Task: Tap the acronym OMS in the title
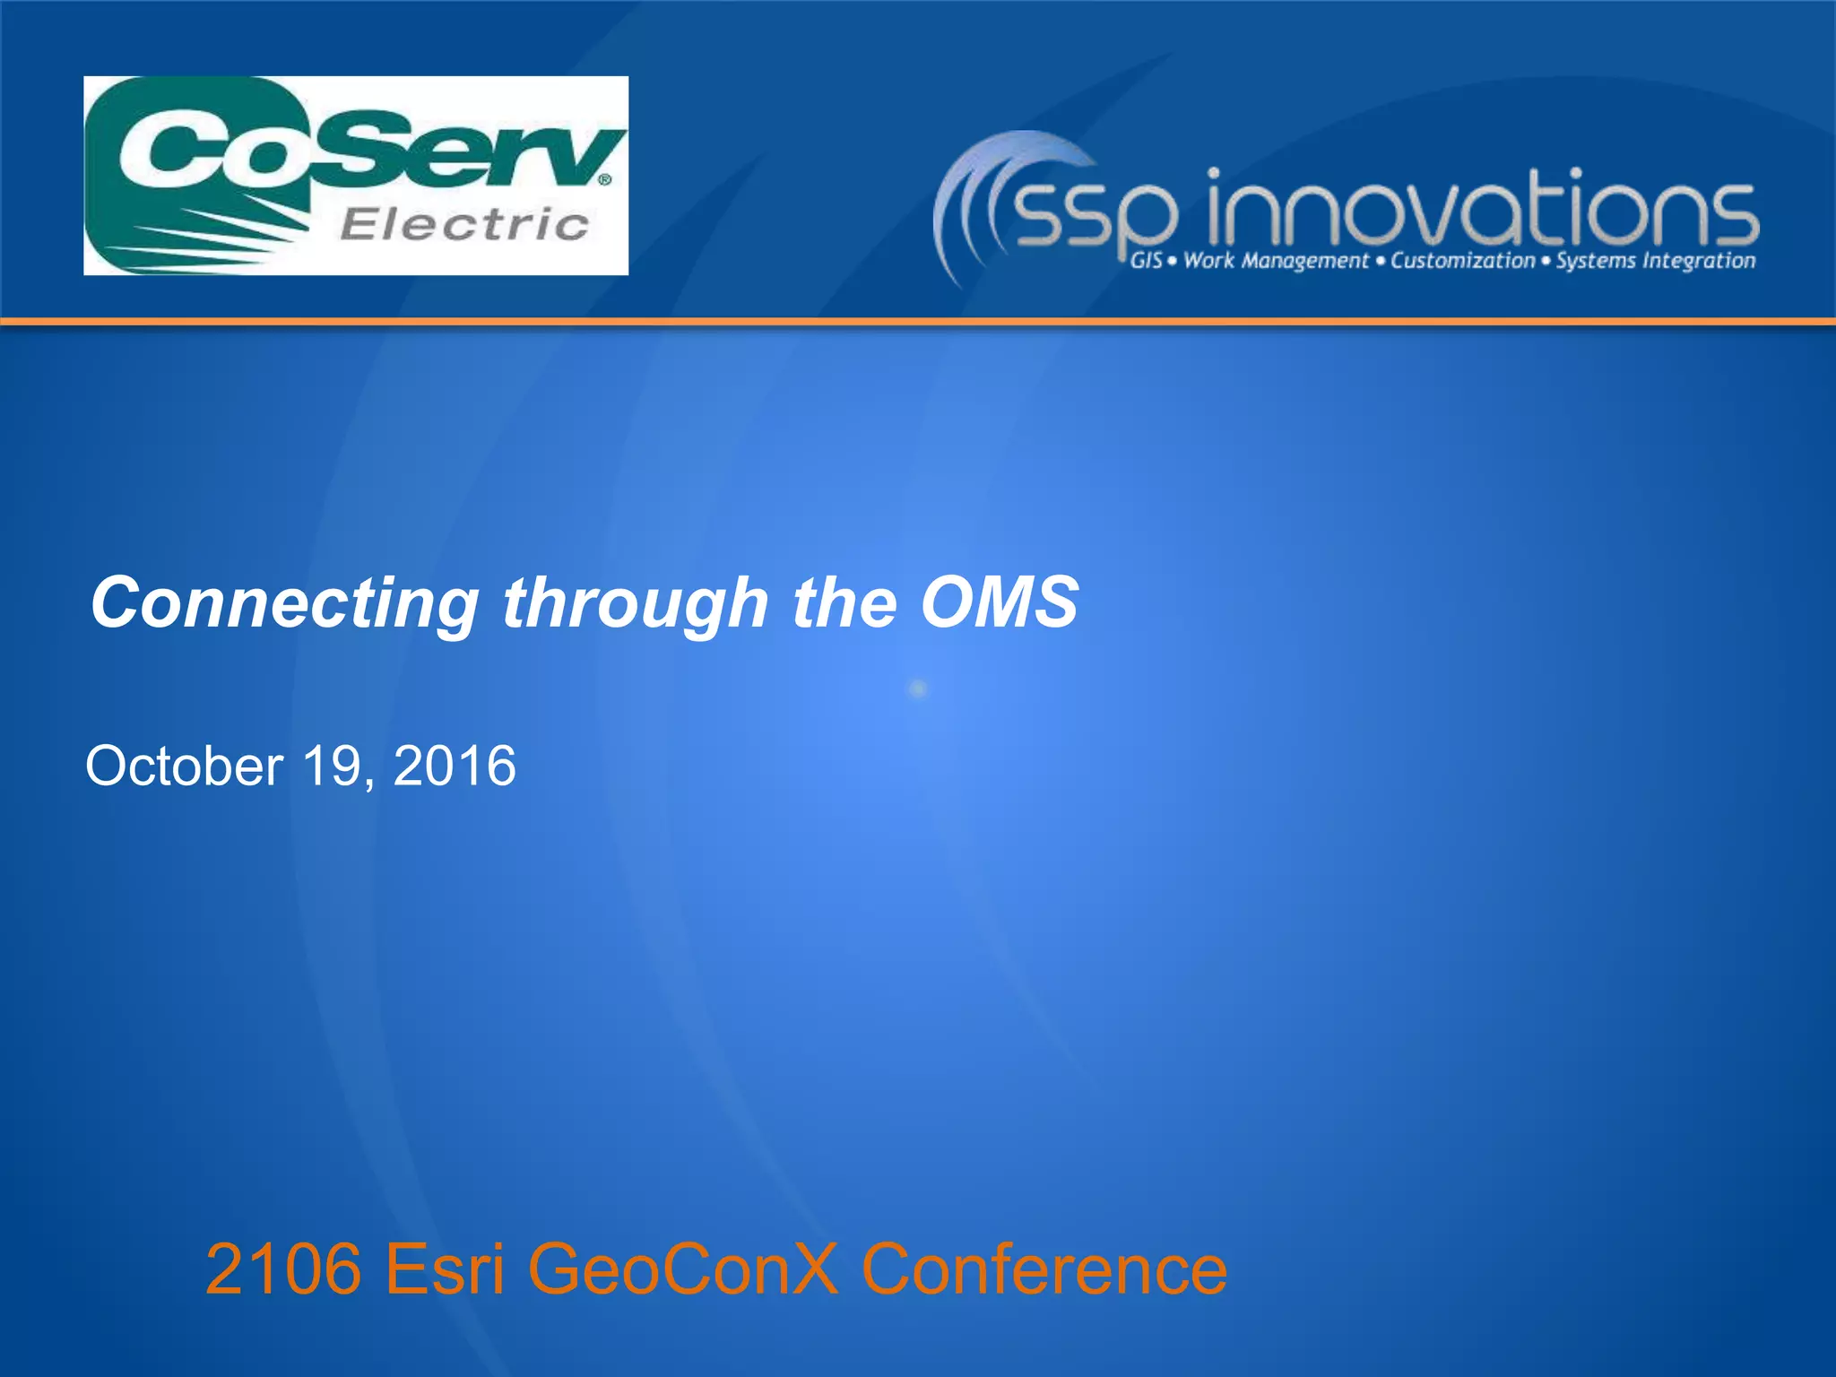pyautogui.click(x=1000, y=602)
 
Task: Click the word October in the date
pyautogui.click(x=184, y=766)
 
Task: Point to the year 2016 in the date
pyautogui.click(x=455, y=766)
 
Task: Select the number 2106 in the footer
pyautogui.click(x=283, y=1269)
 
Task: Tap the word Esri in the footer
pyautogui.click(x=445, y=1269)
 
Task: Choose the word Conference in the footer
pyautogui.click(x=1044, y=1269)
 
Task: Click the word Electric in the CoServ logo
pyautogui.click(x=464, y=224)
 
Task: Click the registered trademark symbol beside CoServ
pyautogui.click(x=605, y=179)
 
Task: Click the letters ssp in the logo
pyautogui.click(x=1094, y=215)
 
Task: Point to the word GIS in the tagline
pyautogui.click(x=1146, y=261)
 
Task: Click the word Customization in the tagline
pyautogui.click(x=1463, y=261)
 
